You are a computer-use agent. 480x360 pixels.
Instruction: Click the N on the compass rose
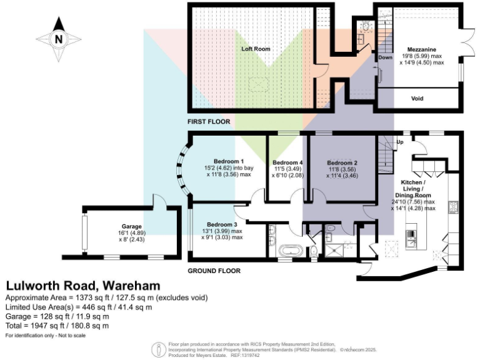[59, 39]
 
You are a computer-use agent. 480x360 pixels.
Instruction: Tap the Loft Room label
[255, 47]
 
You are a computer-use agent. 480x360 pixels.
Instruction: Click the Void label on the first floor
[417, 98]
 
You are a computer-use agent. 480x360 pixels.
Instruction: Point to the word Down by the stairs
[385, 57]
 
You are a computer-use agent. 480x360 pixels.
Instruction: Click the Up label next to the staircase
[400, 142]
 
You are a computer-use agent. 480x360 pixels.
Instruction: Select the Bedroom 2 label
[342, 161]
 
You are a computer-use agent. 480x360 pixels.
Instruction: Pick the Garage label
[132, 226]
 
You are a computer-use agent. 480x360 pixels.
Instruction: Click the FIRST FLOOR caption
[209, 121]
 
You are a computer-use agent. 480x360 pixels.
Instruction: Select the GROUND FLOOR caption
[214, 271]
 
